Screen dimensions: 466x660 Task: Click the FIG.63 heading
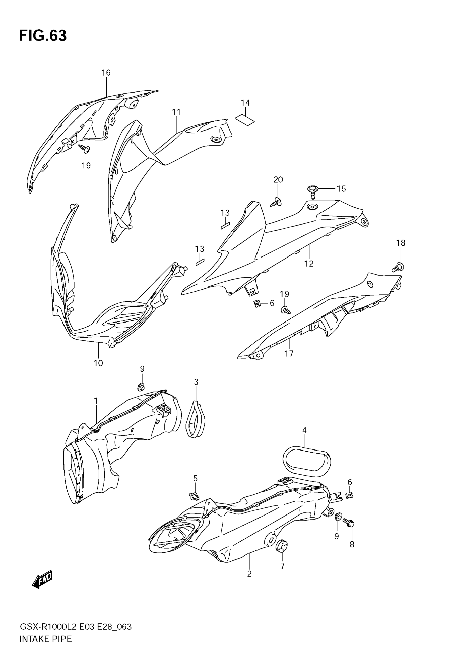(43, 36)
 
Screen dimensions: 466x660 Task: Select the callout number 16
(106, 73)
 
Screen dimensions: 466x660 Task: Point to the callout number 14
(245, 103)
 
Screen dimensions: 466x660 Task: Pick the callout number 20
(278, 180)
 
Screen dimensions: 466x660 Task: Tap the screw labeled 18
(398, 267)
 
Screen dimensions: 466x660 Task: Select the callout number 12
(309, 263)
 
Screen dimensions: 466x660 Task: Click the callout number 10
(98, 363)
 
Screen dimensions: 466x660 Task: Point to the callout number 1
(96, 401)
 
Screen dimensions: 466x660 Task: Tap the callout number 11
(176, 112)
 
